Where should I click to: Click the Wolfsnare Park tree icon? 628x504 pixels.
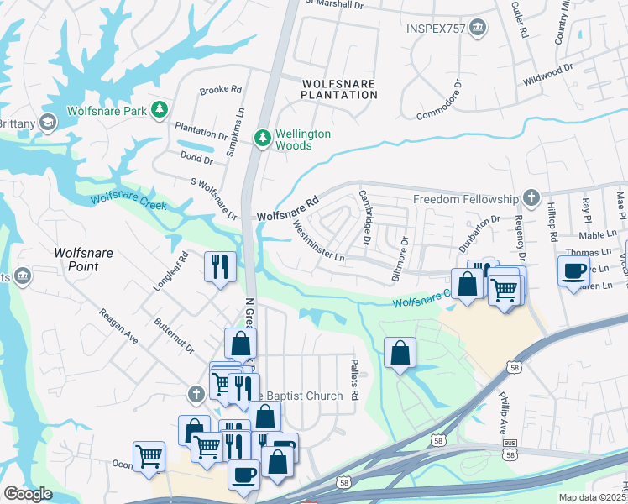pyautogui.click(x=158, y=110)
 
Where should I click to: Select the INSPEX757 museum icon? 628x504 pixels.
pyautogui.click(x=478, y=29)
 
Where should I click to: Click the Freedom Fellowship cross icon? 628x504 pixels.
pyautogui.click(x=530, y=198)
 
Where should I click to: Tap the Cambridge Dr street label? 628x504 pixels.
pyautogui.click(x=365, y=218)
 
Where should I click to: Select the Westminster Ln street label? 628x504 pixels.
pyautogui.click(x=317, y=241)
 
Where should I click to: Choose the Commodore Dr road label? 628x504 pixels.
pyautogui.click(x=440, y=100)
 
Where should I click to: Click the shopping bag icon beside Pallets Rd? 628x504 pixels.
pyautogui.click(x=400, y=353)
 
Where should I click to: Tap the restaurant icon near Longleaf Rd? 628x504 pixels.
pyautogui.click(x=220, y=267)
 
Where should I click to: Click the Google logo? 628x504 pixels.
pyautogui.click(x=28, y=494)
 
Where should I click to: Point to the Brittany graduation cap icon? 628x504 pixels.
pyautogui.click(x=48, y=123)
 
